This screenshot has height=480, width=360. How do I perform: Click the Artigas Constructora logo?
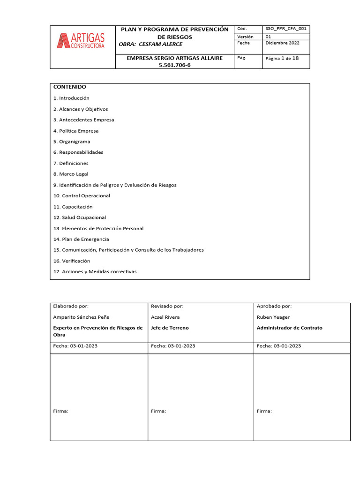tap(81, 40)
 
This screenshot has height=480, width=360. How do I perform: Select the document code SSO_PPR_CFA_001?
tap(286, 29)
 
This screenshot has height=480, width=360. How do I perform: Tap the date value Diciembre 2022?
tap(282, 43)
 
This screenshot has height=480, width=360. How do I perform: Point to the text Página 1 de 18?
tap(282, 59)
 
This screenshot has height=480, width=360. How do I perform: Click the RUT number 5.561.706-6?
tap(175, 65)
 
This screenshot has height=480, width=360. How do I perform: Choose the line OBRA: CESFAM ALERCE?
tap(150, 44)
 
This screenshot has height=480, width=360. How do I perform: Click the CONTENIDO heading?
tap(70, 87)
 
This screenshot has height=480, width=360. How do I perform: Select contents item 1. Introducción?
tap(71, 98)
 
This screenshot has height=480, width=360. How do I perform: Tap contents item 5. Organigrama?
tap(72, 142)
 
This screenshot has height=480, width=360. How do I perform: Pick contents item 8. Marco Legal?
tap(71, 174)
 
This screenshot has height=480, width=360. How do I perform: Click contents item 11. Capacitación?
tap(73, 207)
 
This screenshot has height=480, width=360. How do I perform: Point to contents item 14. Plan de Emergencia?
tap(81, 239)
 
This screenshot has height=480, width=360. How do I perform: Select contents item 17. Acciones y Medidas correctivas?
tap(95, 272)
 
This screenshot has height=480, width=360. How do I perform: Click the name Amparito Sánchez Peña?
tap(82, 317)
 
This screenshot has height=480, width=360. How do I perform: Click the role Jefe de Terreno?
tap(170, 328)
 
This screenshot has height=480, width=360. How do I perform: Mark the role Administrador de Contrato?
tap(289, 328)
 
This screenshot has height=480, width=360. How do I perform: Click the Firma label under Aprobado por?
tap(264, 411)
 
